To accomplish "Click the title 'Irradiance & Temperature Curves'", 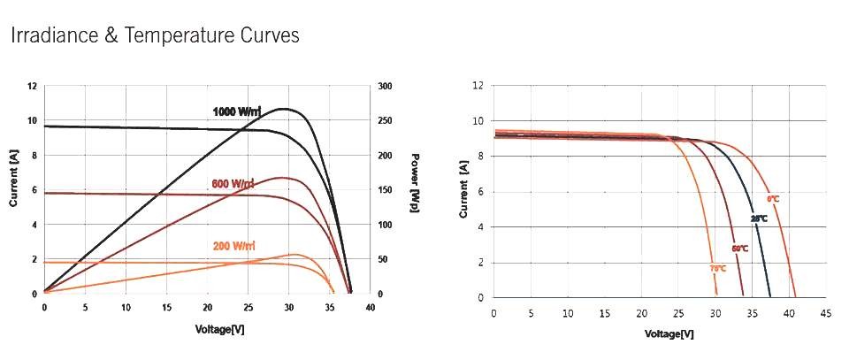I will pos(155,35).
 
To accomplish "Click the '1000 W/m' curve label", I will pos(237,111).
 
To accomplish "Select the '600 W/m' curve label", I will pos(233,184).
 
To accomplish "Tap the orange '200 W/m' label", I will pos(233,245).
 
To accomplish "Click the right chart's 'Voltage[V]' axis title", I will pos(669,334).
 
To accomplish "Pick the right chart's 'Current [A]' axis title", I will pos(463,190).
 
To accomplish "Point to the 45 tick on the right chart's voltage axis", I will pos(825,314).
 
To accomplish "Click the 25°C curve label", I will pos(759,218).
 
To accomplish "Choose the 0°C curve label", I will pos(773,199).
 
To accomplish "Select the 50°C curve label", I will pos(739,249).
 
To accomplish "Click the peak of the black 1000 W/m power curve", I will pos(283,109).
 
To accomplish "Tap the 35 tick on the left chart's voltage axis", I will pos(330,307).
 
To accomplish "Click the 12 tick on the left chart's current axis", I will pos(33,87).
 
